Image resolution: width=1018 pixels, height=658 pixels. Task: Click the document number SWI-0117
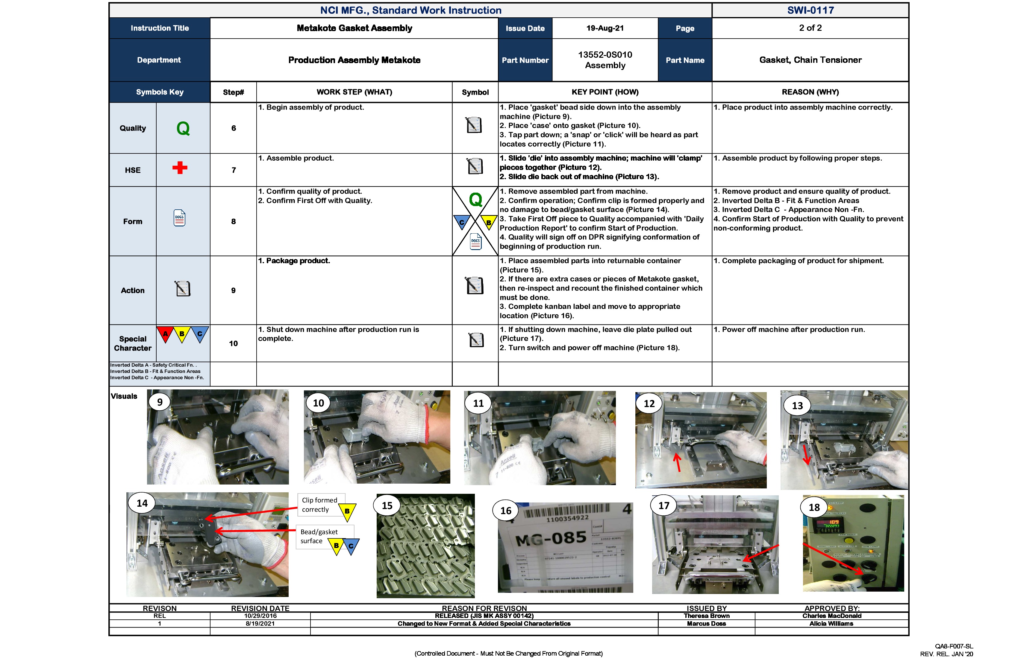pos(810,10)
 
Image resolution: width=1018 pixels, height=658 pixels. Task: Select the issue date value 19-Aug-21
pos(605,28)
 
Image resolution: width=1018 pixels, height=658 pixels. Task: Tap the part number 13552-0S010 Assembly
pos(605,60)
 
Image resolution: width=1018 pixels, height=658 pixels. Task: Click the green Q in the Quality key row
pos(183,128)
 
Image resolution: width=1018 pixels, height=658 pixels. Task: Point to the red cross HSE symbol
pos(180,167)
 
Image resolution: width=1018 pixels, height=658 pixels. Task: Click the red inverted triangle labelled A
pos(165,333)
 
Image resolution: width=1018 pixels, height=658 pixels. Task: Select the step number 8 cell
pos(233,221)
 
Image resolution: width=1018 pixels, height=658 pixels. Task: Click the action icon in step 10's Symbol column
pos(476,340)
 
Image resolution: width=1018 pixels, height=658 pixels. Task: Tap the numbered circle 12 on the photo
pos(649,404)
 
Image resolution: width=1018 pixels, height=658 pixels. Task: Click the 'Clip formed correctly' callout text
pos(319,505)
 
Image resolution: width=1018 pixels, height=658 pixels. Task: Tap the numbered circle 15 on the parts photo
pos(387,506)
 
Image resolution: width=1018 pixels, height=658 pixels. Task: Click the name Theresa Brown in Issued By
pos(706,616)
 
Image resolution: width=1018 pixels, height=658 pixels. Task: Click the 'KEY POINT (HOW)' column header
pos(605,92)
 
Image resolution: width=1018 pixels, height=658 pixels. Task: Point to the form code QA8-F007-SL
pos(954,646)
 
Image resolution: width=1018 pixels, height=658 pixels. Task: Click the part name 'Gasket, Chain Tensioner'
pos(810,60)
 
